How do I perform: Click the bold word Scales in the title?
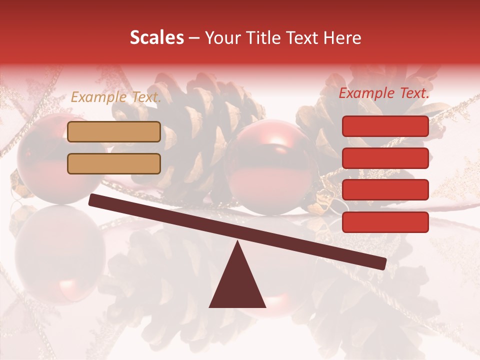coord(156,38)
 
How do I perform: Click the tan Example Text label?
coord(116,97)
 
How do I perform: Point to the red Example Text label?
coord(384,93)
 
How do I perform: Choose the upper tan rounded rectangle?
coord(114,131)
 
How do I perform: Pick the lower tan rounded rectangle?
coord(114,163)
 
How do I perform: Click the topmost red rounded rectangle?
coord(385,126)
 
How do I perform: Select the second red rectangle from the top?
coord(385,158)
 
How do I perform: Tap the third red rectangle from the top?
coord(385,189)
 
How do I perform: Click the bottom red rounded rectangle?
coord(385,222)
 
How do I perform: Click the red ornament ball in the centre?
coord(272,165)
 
